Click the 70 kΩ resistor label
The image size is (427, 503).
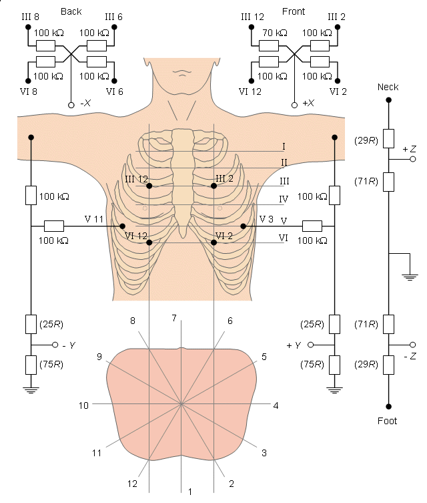coord(275,33)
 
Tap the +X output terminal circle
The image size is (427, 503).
coord(294,105)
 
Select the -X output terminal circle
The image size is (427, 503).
coord(71,105)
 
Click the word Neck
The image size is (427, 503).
coord(388,87)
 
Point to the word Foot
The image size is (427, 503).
coord(387,421)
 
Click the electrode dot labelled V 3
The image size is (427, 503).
coord(243,226)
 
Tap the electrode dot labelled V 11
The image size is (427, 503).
coord(122,226)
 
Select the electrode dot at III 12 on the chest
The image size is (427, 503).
coord(149,186)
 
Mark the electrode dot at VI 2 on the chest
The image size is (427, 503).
coord(214,242)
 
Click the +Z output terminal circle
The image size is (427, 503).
coord(413,159)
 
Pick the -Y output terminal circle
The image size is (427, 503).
coord(55,345)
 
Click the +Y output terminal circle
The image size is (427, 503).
coord(310,345)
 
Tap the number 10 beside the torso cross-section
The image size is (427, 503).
coord(83,405)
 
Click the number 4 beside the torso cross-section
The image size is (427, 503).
coord(276,405)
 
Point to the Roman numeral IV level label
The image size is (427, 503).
coord(284,199)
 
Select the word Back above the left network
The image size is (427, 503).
coord(71,11)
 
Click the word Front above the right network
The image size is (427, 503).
coord(294,11)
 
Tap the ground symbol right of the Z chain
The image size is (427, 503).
coord(410,277)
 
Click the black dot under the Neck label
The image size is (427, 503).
coord(388,100)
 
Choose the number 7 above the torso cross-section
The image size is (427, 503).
coord(174,318)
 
